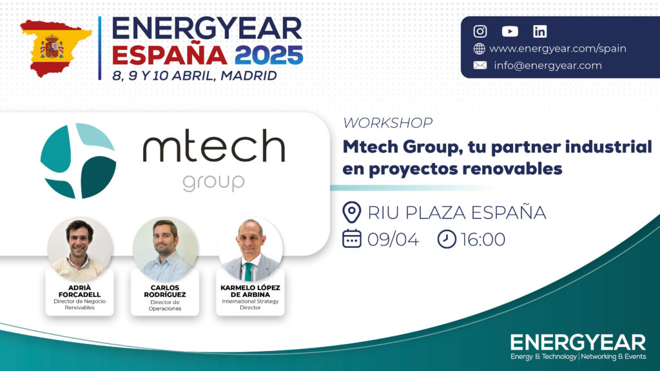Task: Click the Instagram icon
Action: [480, 32]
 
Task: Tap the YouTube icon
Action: [510, 32]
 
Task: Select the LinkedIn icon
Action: [539, 32]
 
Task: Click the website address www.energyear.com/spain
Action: [558, 48]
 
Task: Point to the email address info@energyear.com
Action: [548, 66]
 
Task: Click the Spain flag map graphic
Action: [55, 48]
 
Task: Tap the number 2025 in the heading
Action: [269, 55]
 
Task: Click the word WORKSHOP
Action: [387, 123]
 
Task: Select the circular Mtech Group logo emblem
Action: [78, 160]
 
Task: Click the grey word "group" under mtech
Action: [213, 182]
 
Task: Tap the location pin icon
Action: [351, 212]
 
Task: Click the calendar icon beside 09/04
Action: [352, 238]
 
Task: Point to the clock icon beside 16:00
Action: [447, 239]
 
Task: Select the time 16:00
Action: [483, 240]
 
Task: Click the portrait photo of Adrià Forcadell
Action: [79, 249]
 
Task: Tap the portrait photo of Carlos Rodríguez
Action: [165, 249]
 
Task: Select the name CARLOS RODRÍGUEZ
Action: [165, 291]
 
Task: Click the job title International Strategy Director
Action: [251, 304]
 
